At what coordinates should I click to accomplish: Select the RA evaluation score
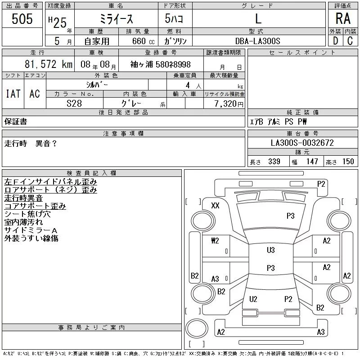[342, 19]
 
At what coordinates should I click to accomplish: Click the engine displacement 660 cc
[138, 41]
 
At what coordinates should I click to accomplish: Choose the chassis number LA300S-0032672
[302, 143]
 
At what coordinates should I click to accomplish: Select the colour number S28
[74, 103]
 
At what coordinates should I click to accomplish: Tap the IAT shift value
[13, 94]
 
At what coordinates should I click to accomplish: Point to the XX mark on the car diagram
[215, 206]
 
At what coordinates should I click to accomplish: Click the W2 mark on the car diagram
[215, 241]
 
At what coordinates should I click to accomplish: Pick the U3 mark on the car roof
[270, 250]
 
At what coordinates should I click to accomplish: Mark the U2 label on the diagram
[253, 299]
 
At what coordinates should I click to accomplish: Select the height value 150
[348, 162]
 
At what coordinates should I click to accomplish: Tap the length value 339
[274, 162]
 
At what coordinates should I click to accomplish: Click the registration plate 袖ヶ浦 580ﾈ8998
[160, 64]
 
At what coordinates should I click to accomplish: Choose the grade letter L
[258, 19]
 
